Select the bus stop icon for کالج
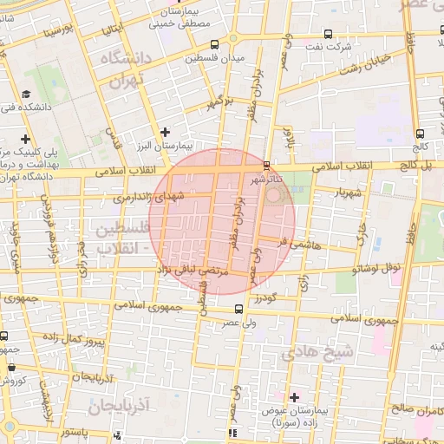pyautogui.click(x=420, y=134)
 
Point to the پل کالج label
pyautogui.click(x=415, y=164)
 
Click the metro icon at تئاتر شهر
pyautogui.click(x=265, y=165)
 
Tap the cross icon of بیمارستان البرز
pyautogui.click(x=165, y=132)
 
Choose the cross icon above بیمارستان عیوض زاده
pyautogui.click(x=294, y=396)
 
